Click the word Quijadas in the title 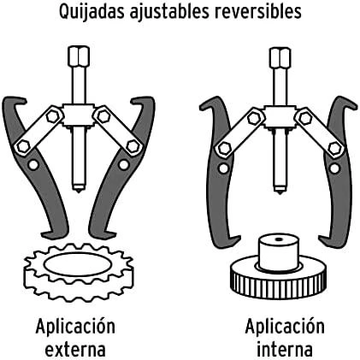tap(92, 12)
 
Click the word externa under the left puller tap(75, 350)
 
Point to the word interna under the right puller tap(285, 349)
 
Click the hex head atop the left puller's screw tap(79, 56)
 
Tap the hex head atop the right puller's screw tap(280, 58)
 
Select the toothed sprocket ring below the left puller tap(79, 271)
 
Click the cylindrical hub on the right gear tap(280, 251)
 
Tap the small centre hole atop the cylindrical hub tap(280, 239)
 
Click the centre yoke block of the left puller tap(79, 115)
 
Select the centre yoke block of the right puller tap(280, 117)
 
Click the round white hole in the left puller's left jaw tap(33, 165)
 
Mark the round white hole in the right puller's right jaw tap(334, 168)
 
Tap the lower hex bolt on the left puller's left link tap(23, 146)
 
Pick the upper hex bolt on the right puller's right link tap(305, 118)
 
